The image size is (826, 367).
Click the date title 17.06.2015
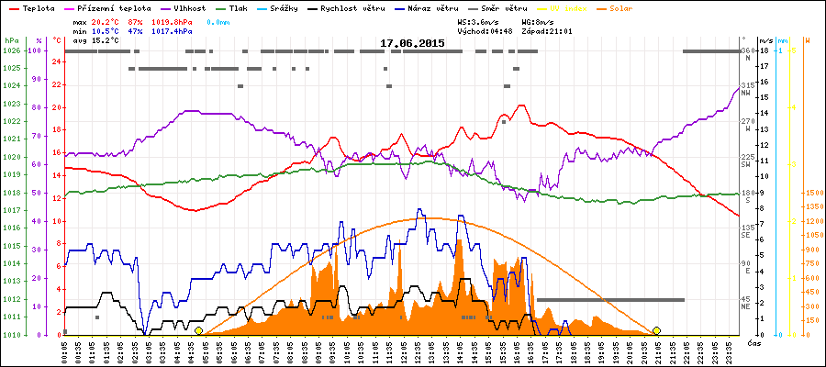click(413, 43)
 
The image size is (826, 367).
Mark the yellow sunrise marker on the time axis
click(198, 330)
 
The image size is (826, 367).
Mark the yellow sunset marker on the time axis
click(656, 330)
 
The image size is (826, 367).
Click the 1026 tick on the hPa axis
click(11, 50)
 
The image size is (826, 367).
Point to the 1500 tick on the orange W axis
click(813, 193)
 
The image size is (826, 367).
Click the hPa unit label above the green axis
click(11, 41)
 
